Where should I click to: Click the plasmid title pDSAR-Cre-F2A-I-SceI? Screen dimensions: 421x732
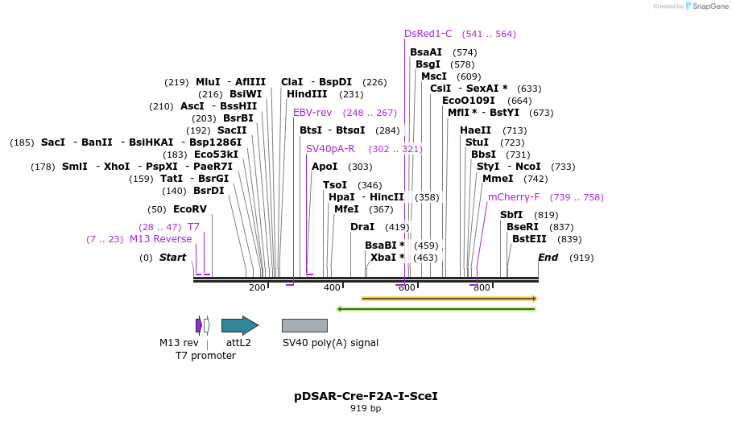click(366, 396)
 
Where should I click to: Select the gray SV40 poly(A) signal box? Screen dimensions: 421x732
click(304, 325)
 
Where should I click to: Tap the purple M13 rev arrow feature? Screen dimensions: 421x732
click(199, 325)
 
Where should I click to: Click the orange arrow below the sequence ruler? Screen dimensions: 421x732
click(449, 299)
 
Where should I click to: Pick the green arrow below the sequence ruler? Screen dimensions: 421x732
click(436, 308)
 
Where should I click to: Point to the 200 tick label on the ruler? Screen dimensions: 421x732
click(257, 287)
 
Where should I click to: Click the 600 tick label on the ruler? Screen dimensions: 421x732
click(407, 287)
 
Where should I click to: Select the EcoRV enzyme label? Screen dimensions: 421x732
click(190, 209)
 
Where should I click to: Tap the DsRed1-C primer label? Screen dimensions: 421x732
click(428, 34)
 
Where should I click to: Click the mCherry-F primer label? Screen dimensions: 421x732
click(514, 197)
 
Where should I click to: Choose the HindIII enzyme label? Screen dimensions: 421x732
click(307, 94)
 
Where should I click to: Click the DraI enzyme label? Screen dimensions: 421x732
click(362, 227)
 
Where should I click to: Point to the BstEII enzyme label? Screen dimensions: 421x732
click(529, 239)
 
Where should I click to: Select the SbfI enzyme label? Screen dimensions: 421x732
click(511, 215)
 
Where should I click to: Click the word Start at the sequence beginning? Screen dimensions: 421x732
click(172, 258)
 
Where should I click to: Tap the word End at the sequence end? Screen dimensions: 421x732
click(548, 258)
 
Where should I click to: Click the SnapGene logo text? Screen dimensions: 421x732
click(710, 6)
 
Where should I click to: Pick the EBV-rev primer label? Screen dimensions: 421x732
click(312, 113)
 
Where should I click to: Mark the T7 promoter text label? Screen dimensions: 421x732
click(205, 355)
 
